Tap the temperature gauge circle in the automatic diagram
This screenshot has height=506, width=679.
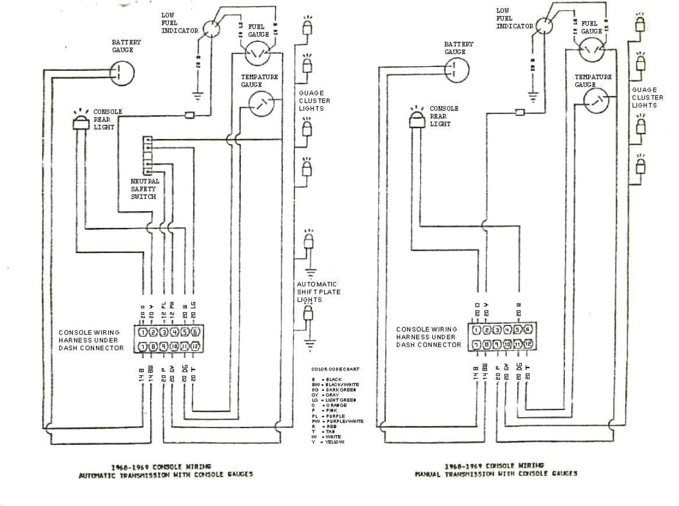pos(261,104)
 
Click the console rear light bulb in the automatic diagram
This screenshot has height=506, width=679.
pos(79,120)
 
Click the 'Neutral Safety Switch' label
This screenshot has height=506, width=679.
pos(144,189)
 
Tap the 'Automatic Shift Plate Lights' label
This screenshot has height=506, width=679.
pos(319,292)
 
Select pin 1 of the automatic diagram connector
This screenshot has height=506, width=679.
pos(143,332)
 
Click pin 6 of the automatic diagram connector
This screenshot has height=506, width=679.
pos(194,332)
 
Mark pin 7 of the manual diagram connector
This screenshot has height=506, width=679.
pos(477,344)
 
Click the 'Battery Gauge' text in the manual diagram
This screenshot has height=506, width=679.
pos(458,48)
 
